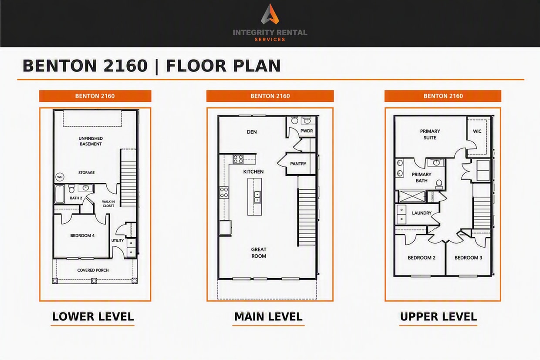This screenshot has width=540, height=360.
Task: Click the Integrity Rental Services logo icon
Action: [x=270, y=14]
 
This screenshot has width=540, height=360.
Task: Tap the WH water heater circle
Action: [x=60, y=177]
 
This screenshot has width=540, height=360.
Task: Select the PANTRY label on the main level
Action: [x=298, y=164]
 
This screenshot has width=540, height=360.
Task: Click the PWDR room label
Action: [x=307, y=131]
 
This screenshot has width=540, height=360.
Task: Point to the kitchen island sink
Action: [x=257, y=197]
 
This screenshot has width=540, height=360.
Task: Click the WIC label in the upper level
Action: [x=477, y=131]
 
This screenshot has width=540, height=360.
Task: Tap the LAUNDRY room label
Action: [x=422, y=213]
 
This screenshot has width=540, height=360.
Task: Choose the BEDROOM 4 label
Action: [x=82, y=236]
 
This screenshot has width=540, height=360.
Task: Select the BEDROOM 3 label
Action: [x=469, y=258]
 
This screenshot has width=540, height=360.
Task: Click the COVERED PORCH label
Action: [x=93, y=270]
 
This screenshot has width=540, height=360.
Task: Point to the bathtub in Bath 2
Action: [x=60, y=194]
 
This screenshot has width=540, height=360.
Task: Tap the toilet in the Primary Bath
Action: [x=439, y=184]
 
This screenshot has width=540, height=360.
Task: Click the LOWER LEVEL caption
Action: [x=93, y=316]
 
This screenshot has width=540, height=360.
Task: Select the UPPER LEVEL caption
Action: [x=439, y=316]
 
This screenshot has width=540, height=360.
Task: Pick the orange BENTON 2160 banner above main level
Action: [x=270, y=96]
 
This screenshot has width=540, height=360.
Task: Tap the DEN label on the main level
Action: [x=252, y=132]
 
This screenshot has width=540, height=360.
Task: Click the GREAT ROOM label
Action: [x=259, y=252]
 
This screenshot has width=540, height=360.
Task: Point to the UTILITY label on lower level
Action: [x=118, y=240]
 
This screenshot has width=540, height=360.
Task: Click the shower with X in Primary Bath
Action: [x=412, y=196]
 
